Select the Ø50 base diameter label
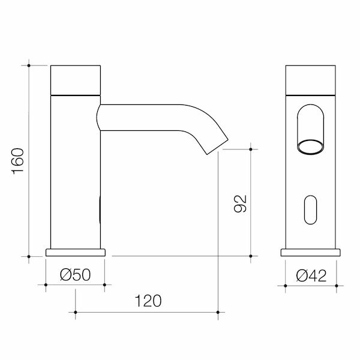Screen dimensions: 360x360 click(x=75, y=275)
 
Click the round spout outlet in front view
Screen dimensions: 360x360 click(x=310, y=146)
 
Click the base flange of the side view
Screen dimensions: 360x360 click(x=76, y=252)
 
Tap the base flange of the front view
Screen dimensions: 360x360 click(x=310, y=252)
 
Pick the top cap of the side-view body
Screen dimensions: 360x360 click(x=76, y=78)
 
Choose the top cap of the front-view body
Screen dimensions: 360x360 click(x=310, y=78)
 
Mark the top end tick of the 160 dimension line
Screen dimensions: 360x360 click(x=29, y=62)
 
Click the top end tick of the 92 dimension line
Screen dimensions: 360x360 click(x=250, y=149)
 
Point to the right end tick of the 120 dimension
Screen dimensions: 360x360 click(x=218, y=312)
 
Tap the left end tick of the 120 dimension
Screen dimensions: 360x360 click(x=76, y=312)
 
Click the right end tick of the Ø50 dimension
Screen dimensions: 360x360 click(x=105, y=284)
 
